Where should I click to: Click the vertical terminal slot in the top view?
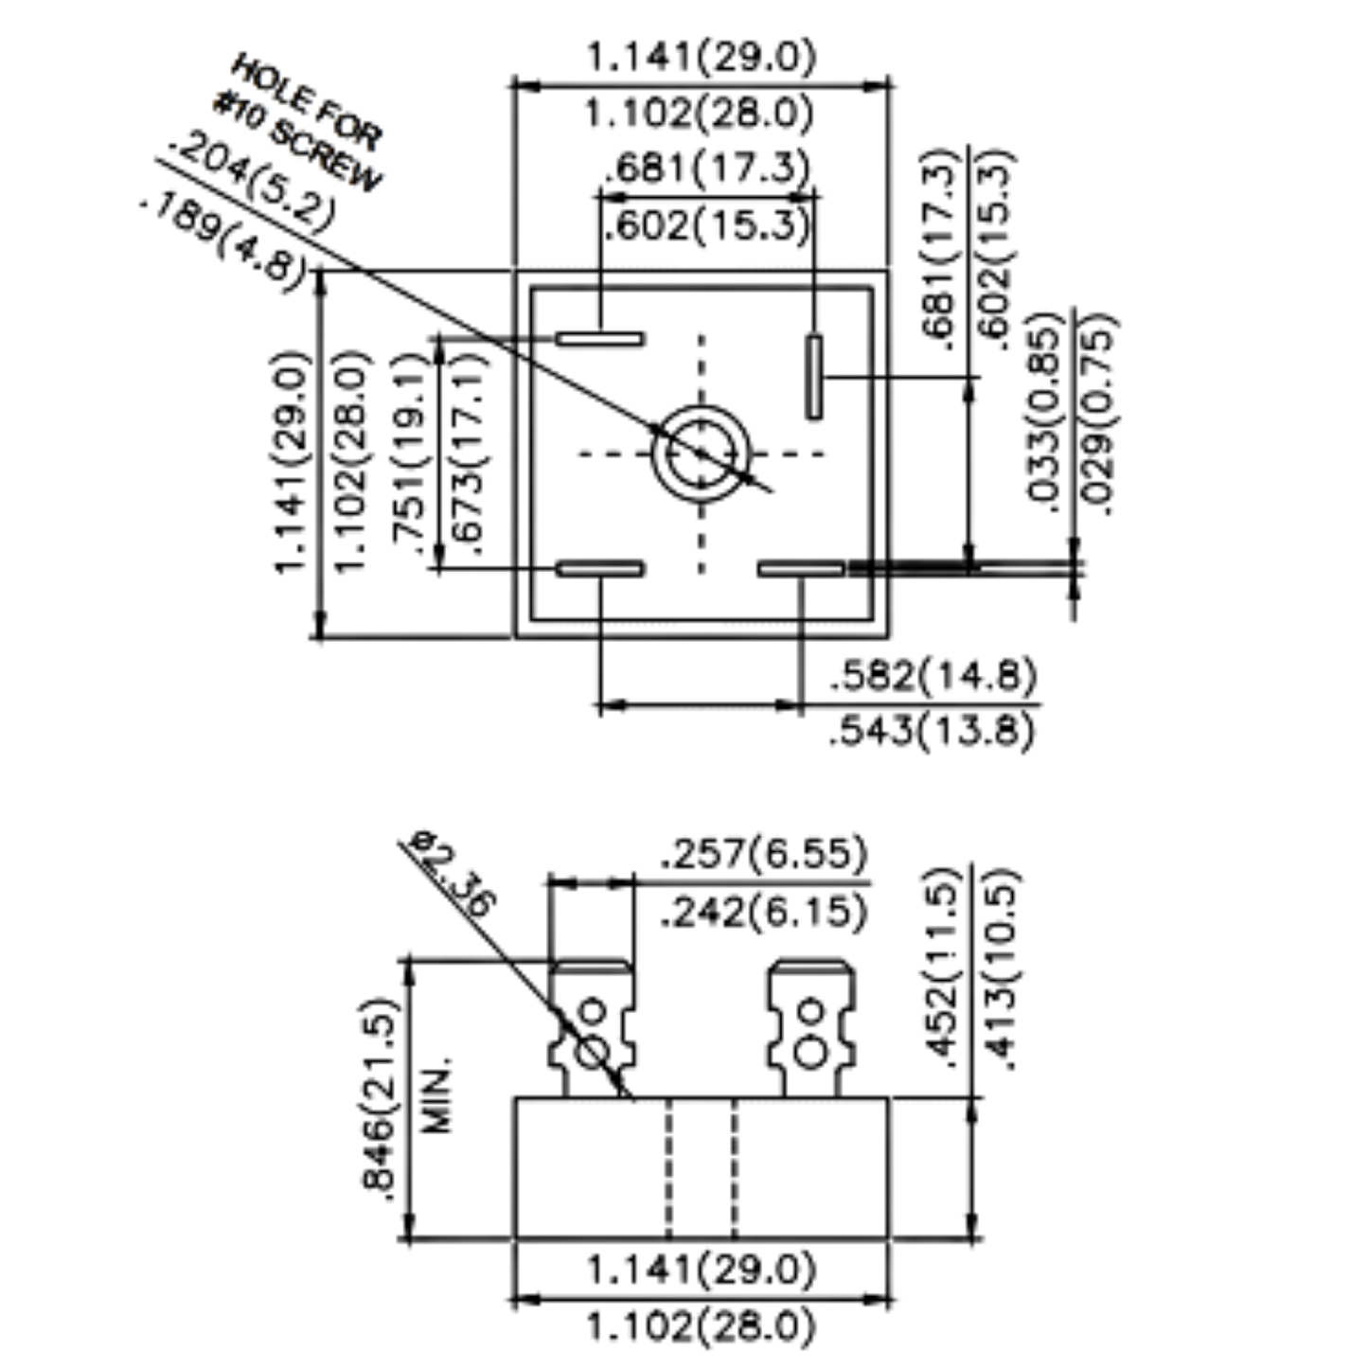[813, 376]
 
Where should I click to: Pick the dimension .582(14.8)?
[933, 676]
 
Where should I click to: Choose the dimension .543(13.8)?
[932, 731]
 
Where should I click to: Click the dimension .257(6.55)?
[764, 853]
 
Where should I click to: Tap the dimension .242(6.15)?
[764, 912]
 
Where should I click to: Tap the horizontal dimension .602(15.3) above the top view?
[707, 225]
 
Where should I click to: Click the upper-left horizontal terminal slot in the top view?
[600, 339]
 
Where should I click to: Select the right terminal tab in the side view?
[810, 1029]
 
